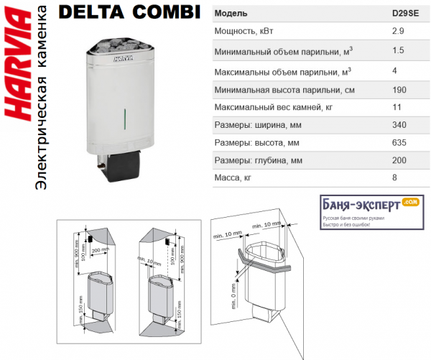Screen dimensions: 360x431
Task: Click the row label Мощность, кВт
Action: click(245, 32)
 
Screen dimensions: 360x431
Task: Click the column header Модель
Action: click(231, 14)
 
